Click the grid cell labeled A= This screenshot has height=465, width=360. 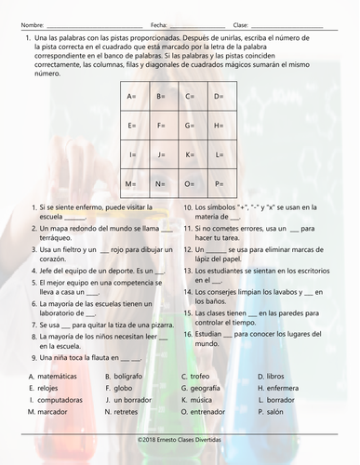click(x=133, y=97)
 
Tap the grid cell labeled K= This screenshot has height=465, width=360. click(x=191, y=154)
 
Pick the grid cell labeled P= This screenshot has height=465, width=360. click(x=220, y=183)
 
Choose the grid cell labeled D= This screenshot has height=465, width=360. click(x=220, y=97)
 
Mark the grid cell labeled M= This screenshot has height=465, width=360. click(x=133, y=183)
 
